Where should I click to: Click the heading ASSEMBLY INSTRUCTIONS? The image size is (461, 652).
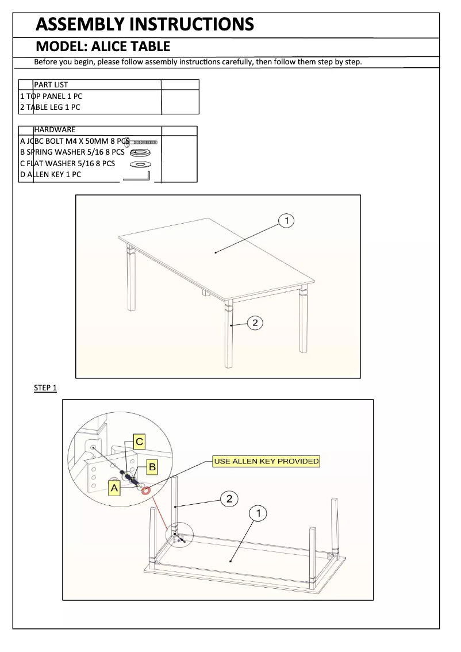coord(144,24)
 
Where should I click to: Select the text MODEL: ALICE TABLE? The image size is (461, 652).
coord(103,47)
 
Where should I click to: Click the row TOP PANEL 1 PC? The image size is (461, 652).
coord(51,96)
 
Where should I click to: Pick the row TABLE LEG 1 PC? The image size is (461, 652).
coord(50,107)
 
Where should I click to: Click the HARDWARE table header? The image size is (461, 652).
coord(55,130)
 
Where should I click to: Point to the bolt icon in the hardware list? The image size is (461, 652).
coord(143,141)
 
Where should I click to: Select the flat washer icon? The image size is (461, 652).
coord(140,164)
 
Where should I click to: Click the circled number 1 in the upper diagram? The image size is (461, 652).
coord(286,220)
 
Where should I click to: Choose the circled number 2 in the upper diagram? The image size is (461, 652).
coord(255,323)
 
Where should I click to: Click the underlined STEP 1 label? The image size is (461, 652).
coord(45,388)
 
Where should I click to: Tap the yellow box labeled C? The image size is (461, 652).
coord(139,442)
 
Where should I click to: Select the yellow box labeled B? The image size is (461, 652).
coord(152,467)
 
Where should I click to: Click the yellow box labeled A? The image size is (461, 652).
coord(114,488)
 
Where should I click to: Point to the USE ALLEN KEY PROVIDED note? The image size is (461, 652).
coord(266,461)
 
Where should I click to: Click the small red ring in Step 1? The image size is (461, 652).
coord(146,490)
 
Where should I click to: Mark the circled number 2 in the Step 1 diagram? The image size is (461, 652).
coord(229,498)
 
